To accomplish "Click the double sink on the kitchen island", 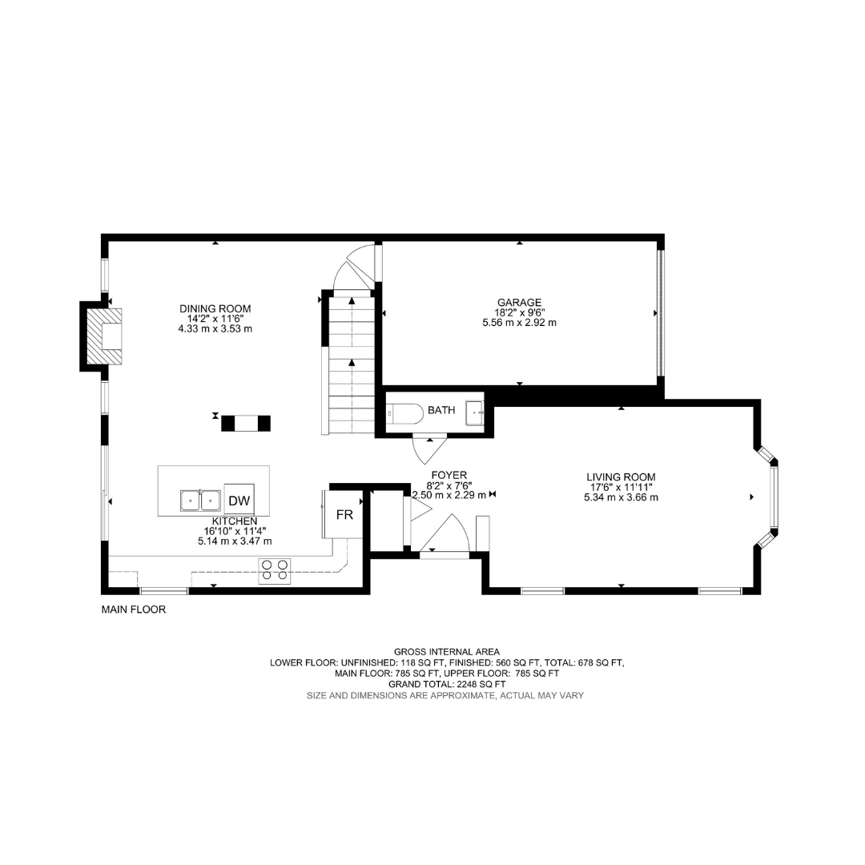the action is pyautogui.click(x=200, y=501).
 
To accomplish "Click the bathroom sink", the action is pyautogui.click(x=475, y=412).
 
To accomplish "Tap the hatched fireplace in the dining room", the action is pyautogui.click(x=104, y=336).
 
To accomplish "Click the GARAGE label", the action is pyautogui.click(x=519, y=302).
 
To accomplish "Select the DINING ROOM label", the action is pyautogui.click(x=215, y=309).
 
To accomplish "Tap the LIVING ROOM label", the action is pyautogui.click(x=621, y=477).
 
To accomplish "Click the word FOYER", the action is pyautogui.click(x=449, y=475).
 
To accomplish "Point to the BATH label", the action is pyautogui.click(x=441, y=410).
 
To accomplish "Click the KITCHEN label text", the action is pyautogui.click(x=235, y=521).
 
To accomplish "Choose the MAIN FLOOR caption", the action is pyautogui.click(x=134, y=610).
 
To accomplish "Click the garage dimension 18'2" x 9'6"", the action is pyautogui.click(x=519, y=312).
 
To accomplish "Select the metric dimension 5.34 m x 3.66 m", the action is pyautogui.click(x=621, y=497).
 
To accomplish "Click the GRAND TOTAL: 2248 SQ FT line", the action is pyautogui.click(x=447, y=684).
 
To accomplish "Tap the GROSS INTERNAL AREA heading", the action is pyautogui.click(x=447, y=651).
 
